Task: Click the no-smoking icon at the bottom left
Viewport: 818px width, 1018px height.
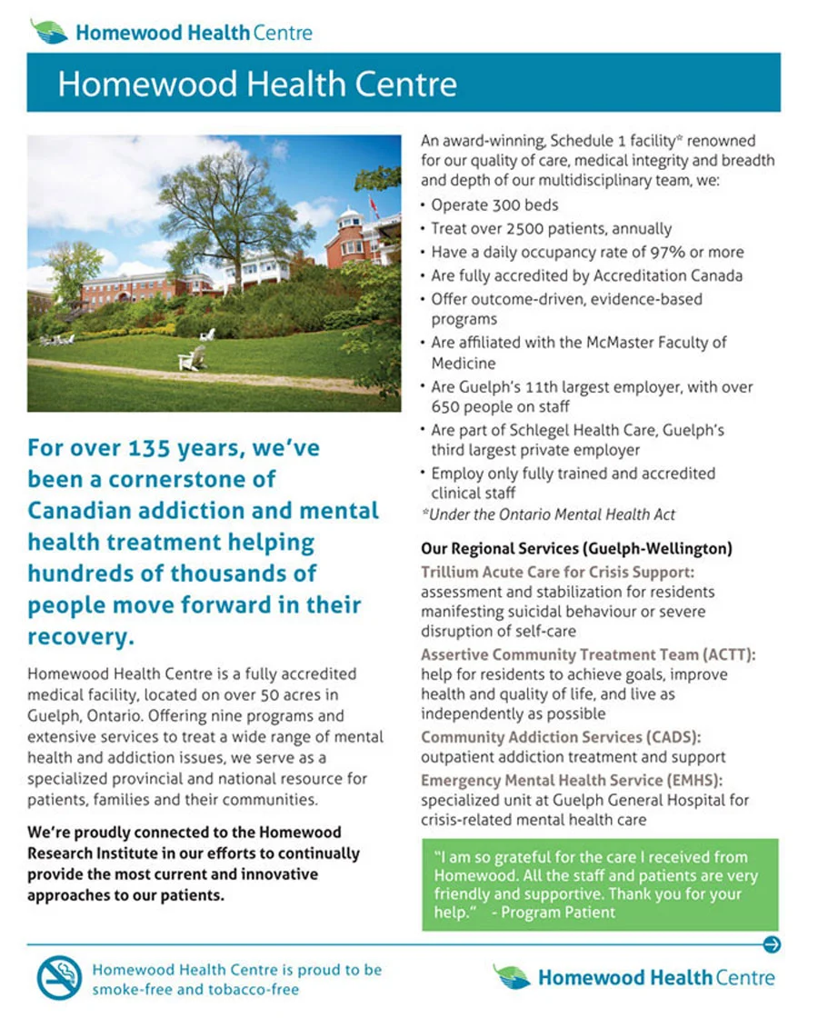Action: pos(60,977)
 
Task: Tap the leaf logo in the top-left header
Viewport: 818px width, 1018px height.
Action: pos(49,32)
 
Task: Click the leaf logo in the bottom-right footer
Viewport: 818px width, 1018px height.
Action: pos(512,977)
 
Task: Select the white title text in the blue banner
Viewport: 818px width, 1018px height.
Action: pos(257,85)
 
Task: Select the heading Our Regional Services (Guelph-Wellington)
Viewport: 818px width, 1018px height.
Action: pos(576,549)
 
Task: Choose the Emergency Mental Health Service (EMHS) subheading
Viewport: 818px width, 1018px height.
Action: pos(574,781)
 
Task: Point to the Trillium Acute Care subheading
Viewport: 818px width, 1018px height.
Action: pos(557,573)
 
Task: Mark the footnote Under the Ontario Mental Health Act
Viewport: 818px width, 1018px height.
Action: pos(548,514)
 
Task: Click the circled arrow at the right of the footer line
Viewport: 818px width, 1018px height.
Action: pos(772,944)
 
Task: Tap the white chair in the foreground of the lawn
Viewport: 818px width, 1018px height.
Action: pos(192,358)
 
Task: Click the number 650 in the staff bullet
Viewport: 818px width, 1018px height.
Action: pos(448,406)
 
